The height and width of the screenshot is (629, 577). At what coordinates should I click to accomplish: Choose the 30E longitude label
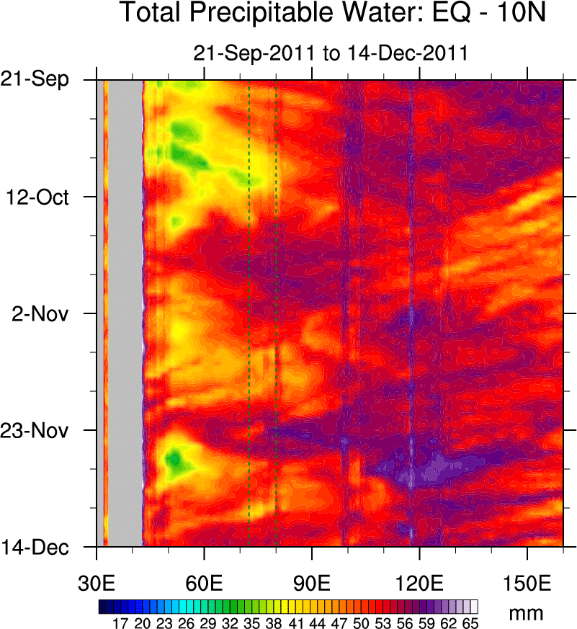[97, 580]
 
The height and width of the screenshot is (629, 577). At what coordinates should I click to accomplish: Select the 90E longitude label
[312, 580]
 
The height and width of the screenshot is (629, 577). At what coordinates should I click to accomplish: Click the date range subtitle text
[331, 53]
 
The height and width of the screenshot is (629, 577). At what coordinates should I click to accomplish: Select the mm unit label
[526, 613]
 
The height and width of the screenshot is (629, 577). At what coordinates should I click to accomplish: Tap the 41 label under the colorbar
[295, 622]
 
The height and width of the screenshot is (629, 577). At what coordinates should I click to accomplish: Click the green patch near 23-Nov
[174, 458]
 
